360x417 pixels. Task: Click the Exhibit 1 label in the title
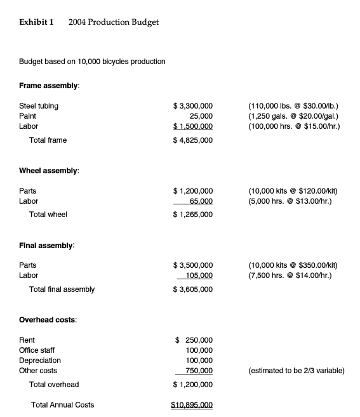[x=36, y=22]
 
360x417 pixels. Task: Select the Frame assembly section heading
[x=50, y=86]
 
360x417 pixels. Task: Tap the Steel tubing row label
[x=39, y=106]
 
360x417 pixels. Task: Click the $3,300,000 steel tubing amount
[x=193, y=106]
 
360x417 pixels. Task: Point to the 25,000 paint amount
[x=201, y=116]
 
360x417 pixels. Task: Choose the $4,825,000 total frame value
[x=193, y=140]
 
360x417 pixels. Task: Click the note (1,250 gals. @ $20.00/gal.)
[x=293, y=116]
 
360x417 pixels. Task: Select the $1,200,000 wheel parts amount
[x=193, y=191]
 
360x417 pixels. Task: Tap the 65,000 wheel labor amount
[x=201, y=201]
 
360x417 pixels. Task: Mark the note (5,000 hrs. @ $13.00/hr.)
[x=291, y=201]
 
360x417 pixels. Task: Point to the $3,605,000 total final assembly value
[x=193, y=289]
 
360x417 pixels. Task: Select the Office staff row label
[x=37, y=350]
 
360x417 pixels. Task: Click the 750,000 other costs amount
[x=198, y=371]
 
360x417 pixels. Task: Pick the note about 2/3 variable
[x=297, y=371]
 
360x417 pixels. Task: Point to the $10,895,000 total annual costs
[x=192, y=405]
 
